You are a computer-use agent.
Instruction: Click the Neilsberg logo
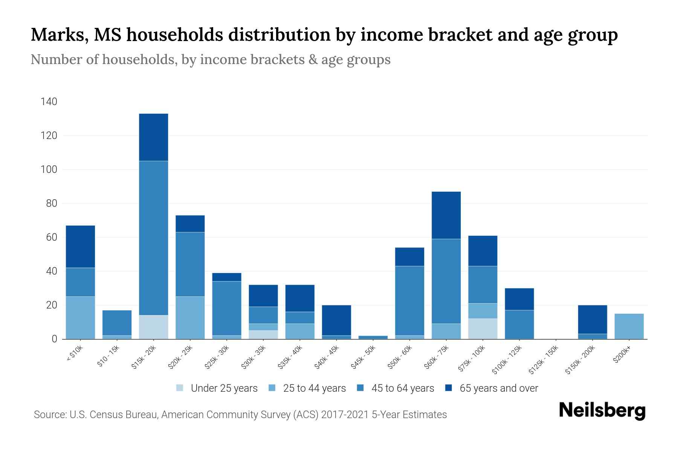click(x=602, y=411)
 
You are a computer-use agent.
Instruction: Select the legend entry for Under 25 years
click(x=217, y=388)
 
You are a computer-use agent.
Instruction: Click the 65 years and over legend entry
click(x=492, y=388)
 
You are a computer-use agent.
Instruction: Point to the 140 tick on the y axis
click(x=49, y=102)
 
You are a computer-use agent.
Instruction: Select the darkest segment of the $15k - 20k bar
click(x=154, y=137)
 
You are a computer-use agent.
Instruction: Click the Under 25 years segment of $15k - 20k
click(x=154, y=327)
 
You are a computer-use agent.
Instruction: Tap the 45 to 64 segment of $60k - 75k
click(x=446, y=281)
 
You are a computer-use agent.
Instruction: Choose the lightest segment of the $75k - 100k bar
click(x=483, y=328)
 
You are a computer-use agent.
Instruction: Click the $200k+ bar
click(x=629, y=326)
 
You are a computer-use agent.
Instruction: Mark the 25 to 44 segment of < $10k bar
click(x=80, y=318)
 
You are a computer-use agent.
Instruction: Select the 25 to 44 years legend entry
click(x=307, y=388)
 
